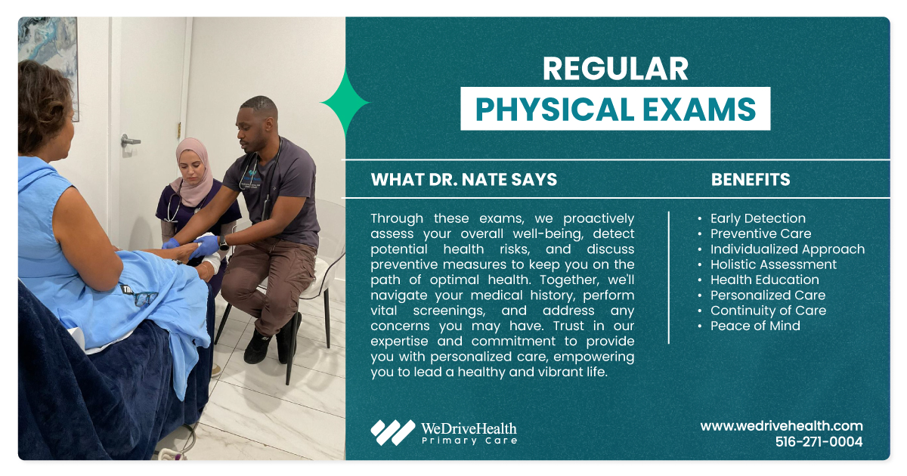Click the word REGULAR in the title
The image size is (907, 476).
(x=615, y=70)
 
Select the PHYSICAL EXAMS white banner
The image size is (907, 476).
(x=615, y=109)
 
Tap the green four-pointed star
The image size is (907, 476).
(x=345, y=103)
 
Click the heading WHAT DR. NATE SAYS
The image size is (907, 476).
(x=463, y=180)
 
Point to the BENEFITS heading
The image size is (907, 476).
(x=751, y=180)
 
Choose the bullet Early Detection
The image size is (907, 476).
(x=757, y=218)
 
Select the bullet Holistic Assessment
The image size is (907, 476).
(x=772, y=264)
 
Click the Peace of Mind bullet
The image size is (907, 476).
(x=754, y=326)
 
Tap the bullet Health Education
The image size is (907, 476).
(x=764, y=280)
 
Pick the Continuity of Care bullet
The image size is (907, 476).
(x=768, y=311)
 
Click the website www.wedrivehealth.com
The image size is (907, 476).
(x=782, y=426)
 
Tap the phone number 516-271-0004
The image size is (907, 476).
(x=819, y=442)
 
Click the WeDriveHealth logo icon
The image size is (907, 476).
(x=392, y=432)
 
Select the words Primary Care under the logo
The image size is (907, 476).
(x=469, y=440)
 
